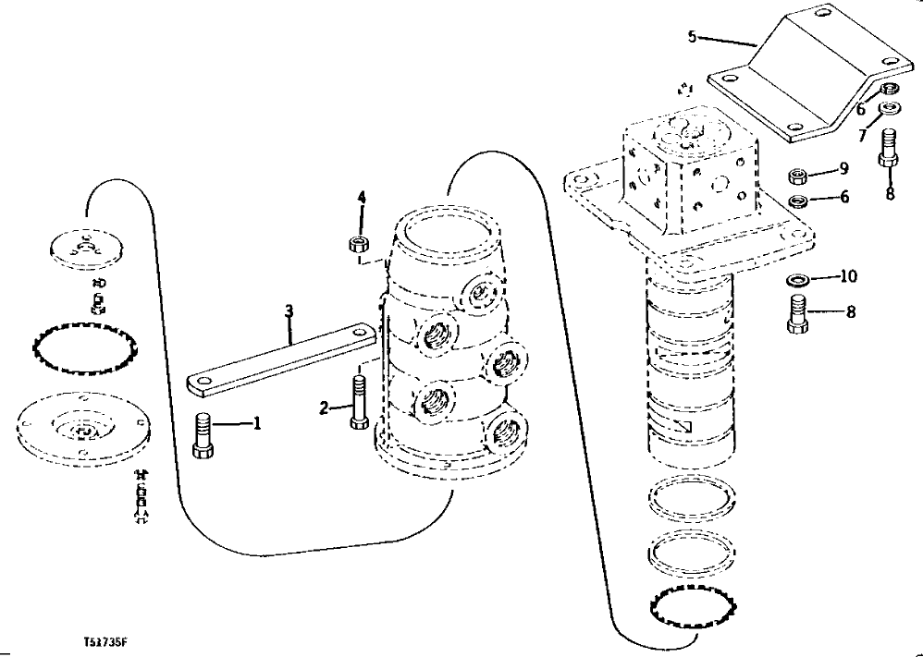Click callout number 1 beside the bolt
258,424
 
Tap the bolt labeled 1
204,434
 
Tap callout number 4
363,197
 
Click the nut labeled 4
361,245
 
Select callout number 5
693,38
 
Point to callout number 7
862,135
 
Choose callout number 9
843,169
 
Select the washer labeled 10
796,279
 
